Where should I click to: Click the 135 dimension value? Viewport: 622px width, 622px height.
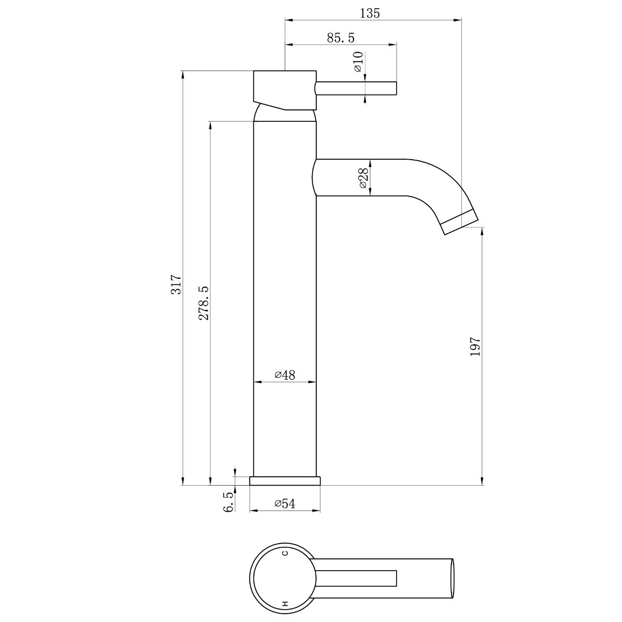(x=370, y=13)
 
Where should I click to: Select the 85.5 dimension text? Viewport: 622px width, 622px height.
(x=341, y=38)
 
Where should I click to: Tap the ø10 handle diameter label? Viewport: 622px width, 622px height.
(x=358, y=62)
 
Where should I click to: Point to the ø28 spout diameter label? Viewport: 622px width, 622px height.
(x=363, y=178)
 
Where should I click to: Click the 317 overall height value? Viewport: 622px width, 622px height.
(x=177, y=285)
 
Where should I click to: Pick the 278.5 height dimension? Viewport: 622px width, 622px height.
(x=203, y=303)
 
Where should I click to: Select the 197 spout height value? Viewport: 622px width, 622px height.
(x=475, y=346)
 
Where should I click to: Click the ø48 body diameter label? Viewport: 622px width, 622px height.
(x=285, y=375)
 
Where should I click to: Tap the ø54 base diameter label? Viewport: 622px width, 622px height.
(x=285, y=504)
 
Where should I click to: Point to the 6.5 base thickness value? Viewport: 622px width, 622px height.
(x=228, y=503)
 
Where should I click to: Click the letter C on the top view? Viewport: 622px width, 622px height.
(x=284, y=553)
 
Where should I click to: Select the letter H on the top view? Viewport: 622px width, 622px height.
(x=284, y=603)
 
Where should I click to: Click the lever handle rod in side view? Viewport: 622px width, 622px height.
(x=358, y=88)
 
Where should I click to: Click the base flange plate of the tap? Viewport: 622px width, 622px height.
(x=285, y=480)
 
